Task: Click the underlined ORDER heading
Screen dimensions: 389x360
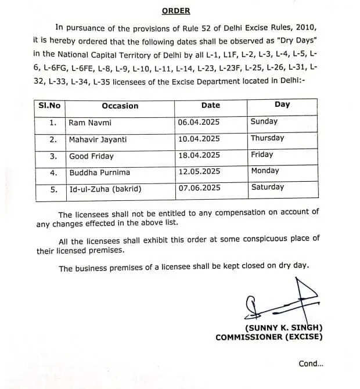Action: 175,10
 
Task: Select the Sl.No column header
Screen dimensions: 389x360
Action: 49,106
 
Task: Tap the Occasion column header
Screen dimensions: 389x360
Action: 120,106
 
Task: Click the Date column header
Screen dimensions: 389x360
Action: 210,105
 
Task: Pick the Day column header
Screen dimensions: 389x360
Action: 282,105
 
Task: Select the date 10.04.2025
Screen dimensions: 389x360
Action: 199,139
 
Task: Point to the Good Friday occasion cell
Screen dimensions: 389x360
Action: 91,156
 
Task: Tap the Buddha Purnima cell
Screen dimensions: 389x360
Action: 99,172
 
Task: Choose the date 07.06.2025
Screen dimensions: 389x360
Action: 199,188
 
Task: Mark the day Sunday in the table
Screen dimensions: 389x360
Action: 264,122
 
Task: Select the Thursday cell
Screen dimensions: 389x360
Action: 267,138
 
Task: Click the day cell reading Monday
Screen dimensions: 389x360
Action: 265,171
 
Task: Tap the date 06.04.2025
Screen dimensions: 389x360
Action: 199,123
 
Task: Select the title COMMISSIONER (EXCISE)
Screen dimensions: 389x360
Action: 269,337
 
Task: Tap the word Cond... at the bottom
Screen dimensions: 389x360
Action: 311,364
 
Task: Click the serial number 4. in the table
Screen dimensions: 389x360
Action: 53,173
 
